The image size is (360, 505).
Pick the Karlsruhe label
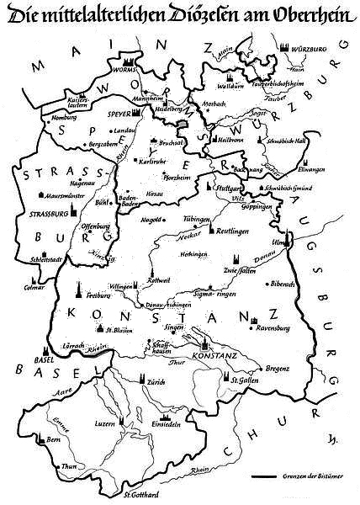[153, 160]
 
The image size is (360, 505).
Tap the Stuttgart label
[225, 190]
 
